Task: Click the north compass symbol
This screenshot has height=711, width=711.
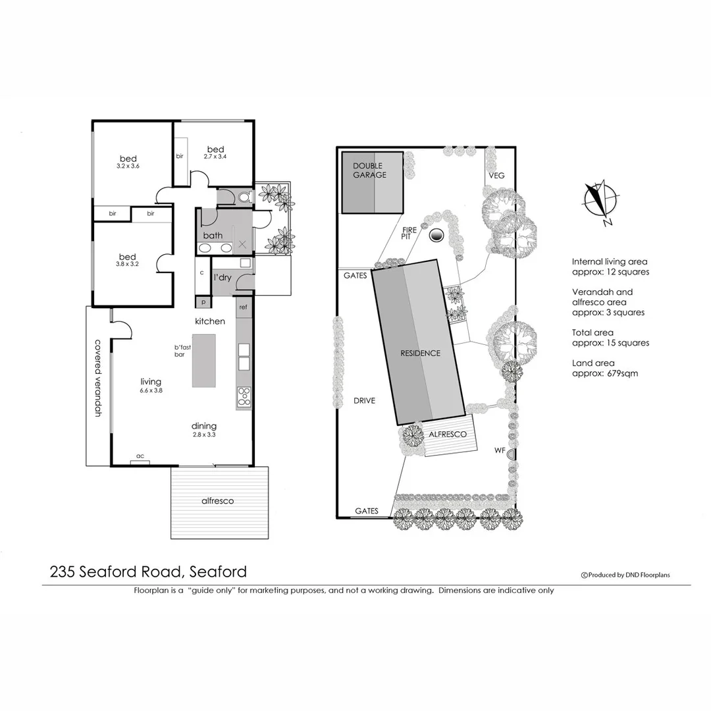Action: (600, 198)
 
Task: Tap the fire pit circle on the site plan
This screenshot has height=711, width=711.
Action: (436, 235)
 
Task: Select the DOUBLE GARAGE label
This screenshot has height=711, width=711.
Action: (369, 171)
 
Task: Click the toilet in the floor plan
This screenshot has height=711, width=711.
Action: (244, 196)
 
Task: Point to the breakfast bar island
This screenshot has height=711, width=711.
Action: (203, 360)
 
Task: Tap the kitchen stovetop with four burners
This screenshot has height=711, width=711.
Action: (244, 396)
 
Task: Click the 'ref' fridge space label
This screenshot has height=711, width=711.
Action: (243, 307)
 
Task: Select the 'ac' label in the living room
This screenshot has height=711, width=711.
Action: (140, 456)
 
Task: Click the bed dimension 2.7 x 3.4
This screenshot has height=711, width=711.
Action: (215, 157)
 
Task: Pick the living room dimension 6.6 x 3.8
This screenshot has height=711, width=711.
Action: (151, 390)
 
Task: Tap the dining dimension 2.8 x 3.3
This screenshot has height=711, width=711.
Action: (204, 434)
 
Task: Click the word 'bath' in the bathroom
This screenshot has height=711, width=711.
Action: (213, 235)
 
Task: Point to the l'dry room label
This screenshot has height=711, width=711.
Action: (223, 277)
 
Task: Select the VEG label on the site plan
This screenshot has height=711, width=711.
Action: (496, 176)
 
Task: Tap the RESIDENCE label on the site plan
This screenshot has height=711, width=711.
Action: (420, 353)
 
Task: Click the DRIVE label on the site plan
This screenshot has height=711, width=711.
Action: (364, 400)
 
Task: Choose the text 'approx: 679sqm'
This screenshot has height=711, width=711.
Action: (604, 373)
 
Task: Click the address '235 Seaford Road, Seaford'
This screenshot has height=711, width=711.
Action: (148, 571)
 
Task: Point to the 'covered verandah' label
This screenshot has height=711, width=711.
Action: (98, 378)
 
